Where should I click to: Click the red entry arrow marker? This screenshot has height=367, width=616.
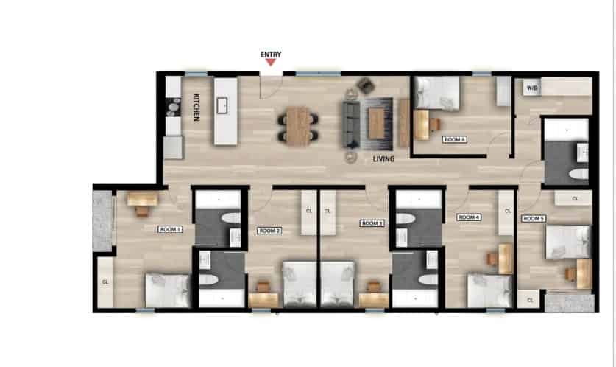[x=271, y=63]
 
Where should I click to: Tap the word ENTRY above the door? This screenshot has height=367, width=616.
[x=271, y=54]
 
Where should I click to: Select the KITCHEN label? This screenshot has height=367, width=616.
[x=197, y=108]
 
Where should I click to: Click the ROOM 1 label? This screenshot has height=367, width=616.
[x=170, y=229]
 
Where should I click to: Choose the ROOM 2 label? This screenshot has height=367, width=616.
[x=269, y=231]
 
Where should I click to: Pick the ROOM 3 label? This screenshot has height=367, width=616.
[x=372, y=223]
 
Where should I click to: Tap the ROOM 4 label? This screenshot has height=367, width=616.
[x=469, y=217]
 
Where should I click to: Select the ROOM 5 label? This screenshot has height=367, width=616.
[x=534, y=219]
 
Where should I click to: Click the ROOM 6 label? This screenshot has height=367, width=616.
[x=454, y=139]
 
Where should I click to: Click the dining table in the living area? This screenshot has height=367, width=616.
[x=298, y=125]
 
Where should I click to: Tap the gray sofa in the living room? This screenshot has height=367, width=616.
[x=350, y=123]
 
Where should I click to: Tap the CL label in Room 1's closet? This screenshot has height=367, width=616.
[x=106, y=281]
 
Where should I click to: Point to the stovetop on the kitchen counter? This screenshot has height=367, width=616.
[x=173, y=110]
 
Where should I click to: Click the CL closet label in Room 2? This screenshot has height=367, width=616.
[x=308, y=211]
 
